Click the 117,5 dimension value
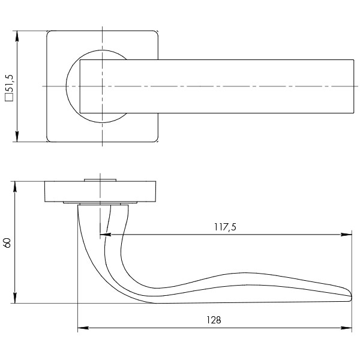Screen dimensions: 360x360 click(x=226, y=227)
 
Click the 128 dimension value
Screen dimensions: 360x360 click(x=214, y=320)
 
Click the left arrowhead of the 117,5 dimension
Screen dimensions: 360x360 click(x=103, y=235)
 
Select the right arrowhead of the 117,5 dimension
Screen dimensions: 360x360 click(x=348, y=235)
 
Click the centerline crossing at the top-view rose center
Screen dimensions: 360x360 click(x=103, y=86)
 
